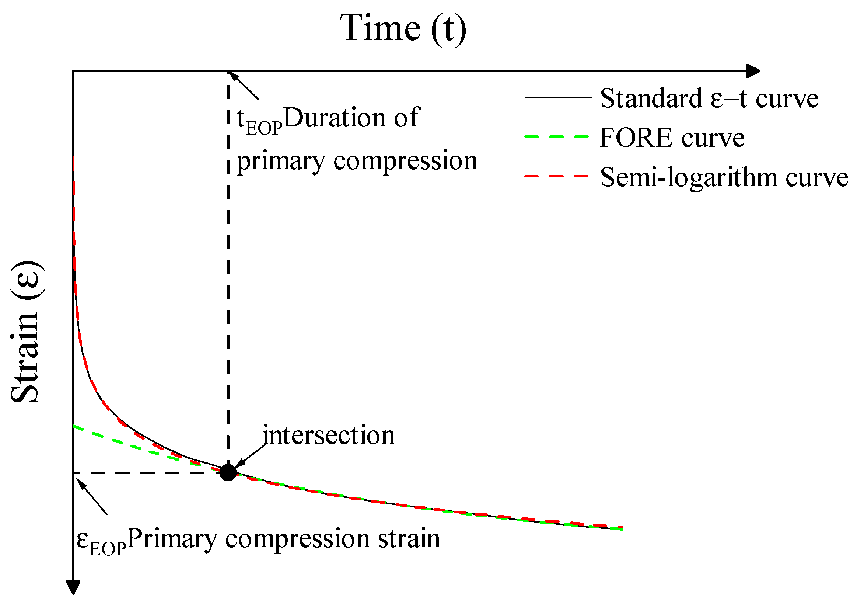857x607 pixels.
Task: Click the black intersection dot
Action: tap(228, 472)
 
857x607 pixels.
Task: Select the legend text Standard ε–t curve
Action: tap(709, 98)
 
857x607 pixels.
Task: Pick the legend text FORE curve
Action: tap(672, 138)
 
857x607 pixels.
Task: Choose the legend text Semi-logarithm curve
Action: tap(724, 177)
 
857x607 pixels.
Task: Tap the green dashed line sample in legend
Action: tap(556, 137)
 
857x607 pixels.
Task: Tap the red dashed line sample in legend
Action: tap(556, 176)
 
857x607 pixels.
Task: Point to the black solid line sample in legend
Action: tap(558, 97)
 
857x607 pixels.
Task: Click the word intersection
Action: tap(329, 436)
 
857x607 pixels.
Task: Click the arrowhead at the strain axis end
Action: tap(73, 587)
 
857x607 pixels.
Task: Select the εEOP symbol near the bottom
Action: tap(101, 542)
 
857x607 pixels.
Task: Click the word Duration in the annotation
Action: tap(335, 118)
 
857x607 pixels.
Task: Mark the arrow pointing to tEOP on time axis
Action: tap(244, 86)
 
